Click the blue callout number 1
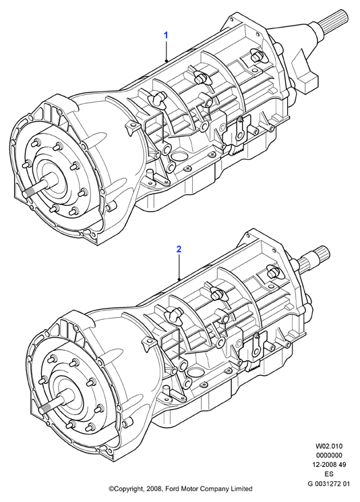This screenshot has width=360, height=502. pyautogui.click(x=166, y=35)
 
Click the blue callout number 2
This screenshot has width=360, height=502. pyautogui.click(x=179, y=249)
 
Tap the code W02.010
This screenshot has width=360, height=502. pyautogui.click(x=329, y=446)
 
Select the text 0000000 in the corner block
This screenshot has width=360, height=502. pyautogui.click(x=329, y=455)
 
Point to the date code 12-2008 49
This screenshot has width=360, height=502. pyautogui.click(x=329, y=464)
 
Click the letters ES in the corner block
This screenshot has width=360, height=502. pyautogui.click(x=329, y=474)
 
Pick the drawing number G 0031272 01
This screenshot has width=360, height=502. pyautogui.click(x=329, y=483)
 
